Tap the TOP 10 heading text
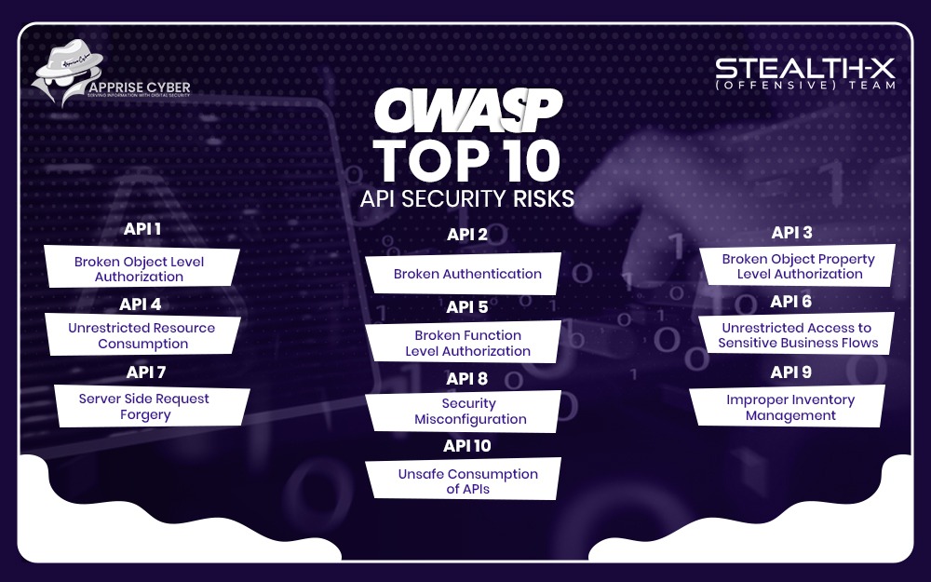coord(467,161)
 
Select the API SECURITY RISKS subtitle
coord(467,198)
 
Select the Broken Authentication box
coord(466,274)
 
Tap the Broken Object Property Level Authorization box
coord(798,266)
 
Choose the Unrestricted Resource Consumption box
coord(142,335)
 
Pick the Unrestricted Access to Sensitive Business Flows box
coord(798,335)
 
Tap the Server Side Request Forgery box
coord(144,406)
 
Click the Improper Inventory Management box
coord(790,407)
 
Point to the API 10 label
coord(467,446)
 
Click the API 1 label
coord(142,229)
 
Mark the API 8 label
coord(467,379)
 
